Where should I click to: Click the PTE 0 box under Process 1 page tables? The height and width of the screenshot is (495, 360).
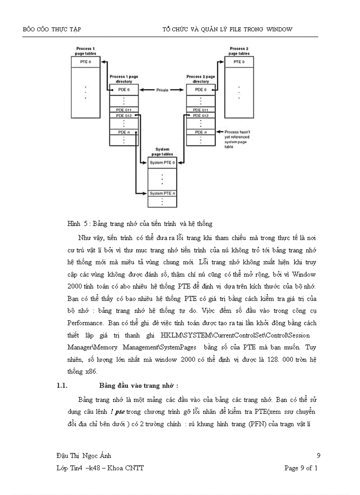(85, 62)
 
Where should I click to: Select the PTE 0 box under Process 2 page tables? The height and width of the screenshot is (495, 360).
(239, 62)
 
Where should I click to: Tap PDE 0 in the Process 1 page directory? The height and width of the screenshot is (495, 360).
(124, 89)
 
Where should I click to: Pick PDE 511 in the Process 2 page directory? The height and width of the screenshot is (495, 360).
(201, 110)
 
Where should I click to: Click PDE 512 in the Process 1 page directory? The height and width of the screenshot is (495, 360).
(124, 115)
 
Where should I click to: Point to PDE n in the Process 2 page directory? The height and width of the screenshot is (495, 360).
(201, 132)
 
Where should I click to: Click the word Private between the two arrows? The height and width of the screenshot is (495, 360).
(162, 90)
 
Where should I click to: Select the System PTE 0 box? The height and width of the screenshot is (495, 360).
(162, 163)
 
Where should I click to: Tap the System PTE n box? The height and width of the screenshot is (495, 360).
(162, 193)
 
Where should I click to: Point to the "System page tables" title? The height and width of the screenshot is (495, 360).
(162, 152)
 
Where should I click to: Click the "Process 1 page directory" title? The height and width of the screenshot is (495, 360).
(124, 79)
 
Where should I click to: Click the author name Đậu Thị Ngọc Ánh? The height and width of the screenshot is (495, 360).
(84, 455)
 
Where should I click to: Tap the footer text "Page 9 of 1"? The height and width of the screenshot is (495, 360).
(301, 468)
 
